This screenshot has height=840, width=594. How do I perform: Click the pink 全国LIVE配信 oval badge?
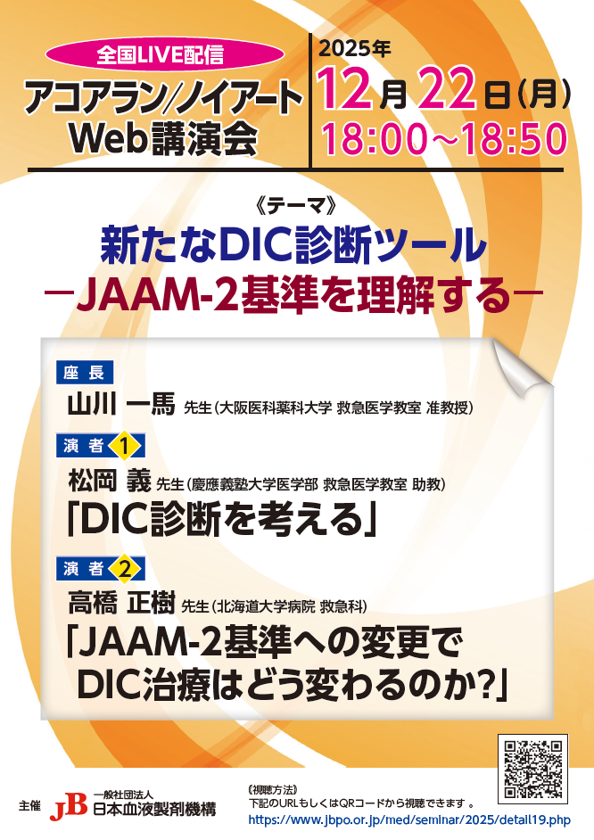coord(164,55)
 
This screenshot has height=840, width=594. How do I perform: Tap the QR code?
coord(533,769)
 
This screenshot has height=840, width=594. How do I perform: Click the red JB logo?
coord(68,807)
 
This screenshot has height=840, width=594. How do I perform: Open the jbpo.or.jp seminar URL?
coord(409,820)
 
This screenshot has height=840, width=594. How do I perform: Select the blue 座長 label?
coord(85,373)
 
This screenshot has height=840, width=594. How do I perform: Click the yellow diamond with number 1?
coord(124,445)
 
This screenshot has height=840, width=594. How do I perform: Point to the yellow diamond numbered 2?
coord(124,569)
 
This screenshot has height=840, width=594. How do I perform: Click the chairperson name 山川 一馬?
coord(121,405)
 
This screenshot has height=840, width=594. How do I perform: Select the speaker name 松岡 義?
coord(110,481)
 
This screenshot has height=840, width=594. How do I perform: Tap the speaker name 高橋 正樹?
coord(121,604)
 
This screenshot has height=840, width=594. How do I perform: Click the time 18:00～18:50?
coord(444,139)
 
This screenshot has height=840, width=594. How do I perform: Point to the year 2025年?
coord(355,49)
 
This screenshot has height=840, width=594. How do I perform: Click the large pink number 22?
coord(447,89)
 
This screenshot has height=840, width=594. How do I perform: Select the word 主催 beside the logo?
coord(30,806)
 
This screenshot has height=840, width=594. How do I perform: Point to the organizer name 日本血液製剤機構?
coord(154,810)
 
